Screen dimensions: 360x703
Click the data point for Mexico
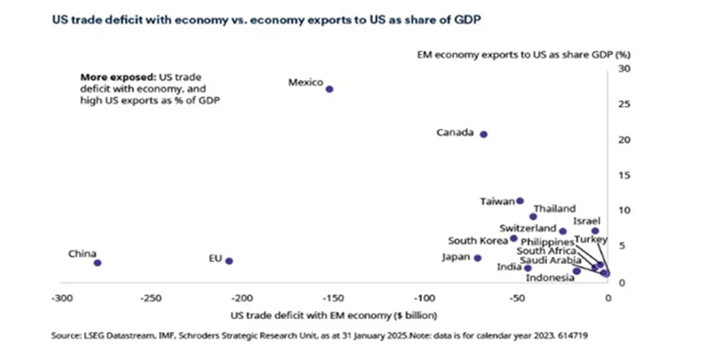click(x=329, y=89)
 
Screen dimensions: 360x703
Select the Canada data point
click(x=483, y=133)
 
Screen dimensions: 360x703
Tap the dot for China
click(x=97, y=263)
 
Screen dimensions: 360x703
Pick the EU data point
click(x=229, y=260)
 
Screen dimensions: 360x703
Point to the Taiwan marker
click(x=520, y=200)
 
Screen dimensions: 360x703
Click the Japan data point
click(x=478, y=258)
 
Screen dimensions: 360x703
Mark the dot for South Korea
click(x=514, y=238)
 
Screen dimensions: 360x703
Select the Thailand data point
click(x=533, y=217)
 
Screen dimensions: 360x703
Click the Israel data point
click(x=595, y=231)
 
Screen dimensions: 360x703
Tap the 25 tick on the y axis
click(x=623, y=104)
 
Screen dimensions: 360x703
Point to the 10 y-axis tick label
click(x=623, y=210)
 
